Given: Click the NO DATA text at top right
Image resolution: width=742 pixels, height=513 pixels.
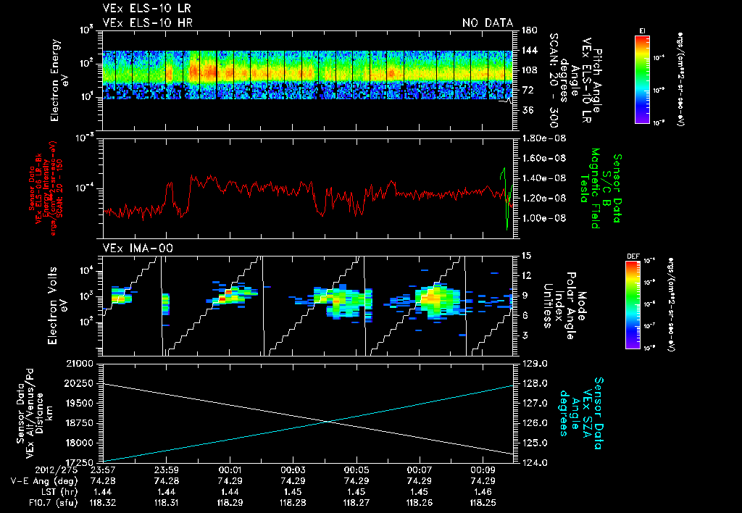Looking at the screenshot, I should coord(488,22).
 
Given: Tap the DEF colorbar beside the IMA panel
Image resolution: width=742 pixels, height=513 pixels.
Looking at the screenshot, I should coord(642,304).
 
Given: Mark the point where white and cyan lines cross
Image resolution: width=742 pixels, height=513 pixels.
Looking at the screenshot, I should coord(330,422).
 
